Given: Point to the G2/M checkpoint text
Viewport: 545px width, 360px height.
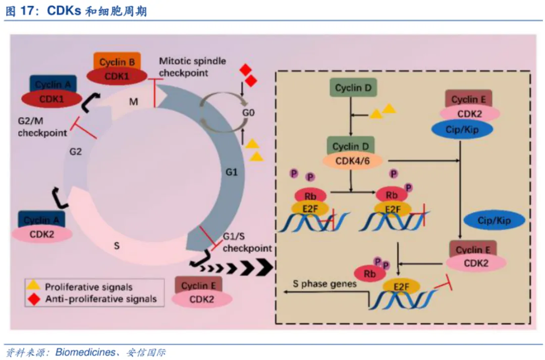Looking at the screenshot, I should tap(42, 128).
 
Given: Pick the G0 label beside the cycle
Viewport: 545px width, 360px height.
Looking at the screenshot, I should tap(247, 112).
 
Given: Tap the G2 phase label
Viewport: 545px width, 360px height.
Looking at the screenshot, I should tap(76, 152).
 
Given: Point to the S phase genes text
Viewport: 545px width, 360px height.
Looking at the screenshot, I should tap(325, 283).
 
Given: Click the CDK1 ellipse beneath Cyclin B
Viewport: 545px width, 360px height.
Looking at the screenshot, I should tap(117, 76).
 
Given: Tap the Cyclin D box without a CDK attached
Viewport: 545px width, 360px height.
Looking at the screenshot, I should tap(354, 88).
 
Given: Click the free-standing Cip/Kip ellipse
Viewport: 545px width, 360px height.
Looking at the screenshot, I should tap(494, 220).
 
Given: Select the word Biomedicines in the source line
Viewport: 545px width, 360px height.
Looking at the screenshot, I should tap(85, 352).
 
